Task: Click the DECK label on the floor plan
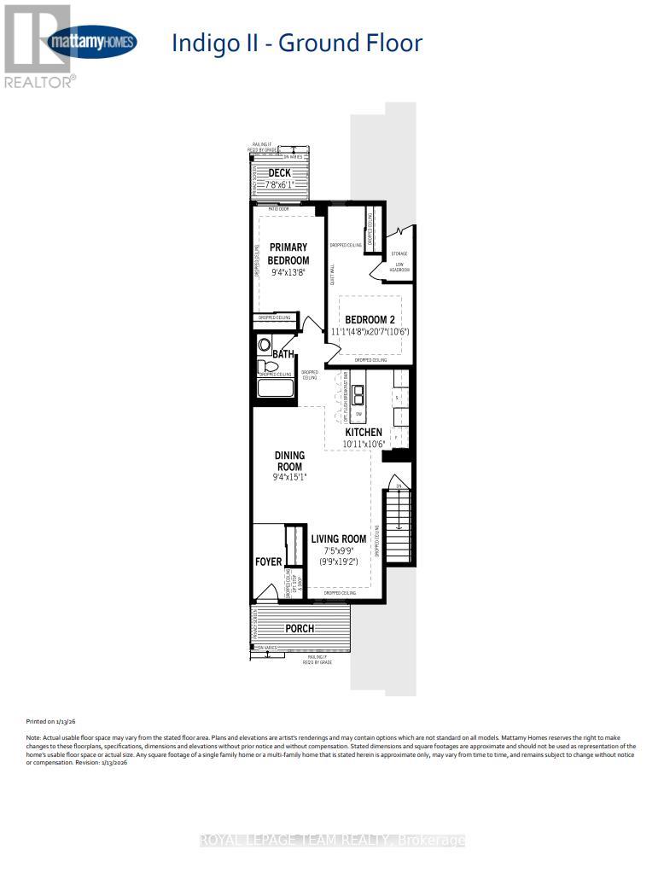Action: (280, 173)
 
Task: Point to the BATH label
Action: (283, 353)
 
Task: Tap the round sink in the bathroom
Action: (264, 346)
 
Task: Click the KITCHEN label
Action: (363, 433)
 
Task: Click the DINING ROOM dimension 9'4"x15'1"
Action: (289, 479)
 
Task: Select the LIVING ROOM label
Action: (338, 538)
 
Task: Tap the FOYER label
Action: (269, 561)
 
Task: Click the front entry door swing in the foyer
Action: (267, 593)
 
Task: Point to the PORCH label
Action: (300, 629)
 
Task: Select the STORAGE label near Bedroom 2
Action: (399, 253)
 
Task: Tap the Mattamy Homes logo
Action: (92, 42)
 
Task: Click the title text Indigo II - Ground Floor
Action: (297, 43)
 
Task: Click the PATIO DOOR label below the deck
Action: (278, 207)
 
